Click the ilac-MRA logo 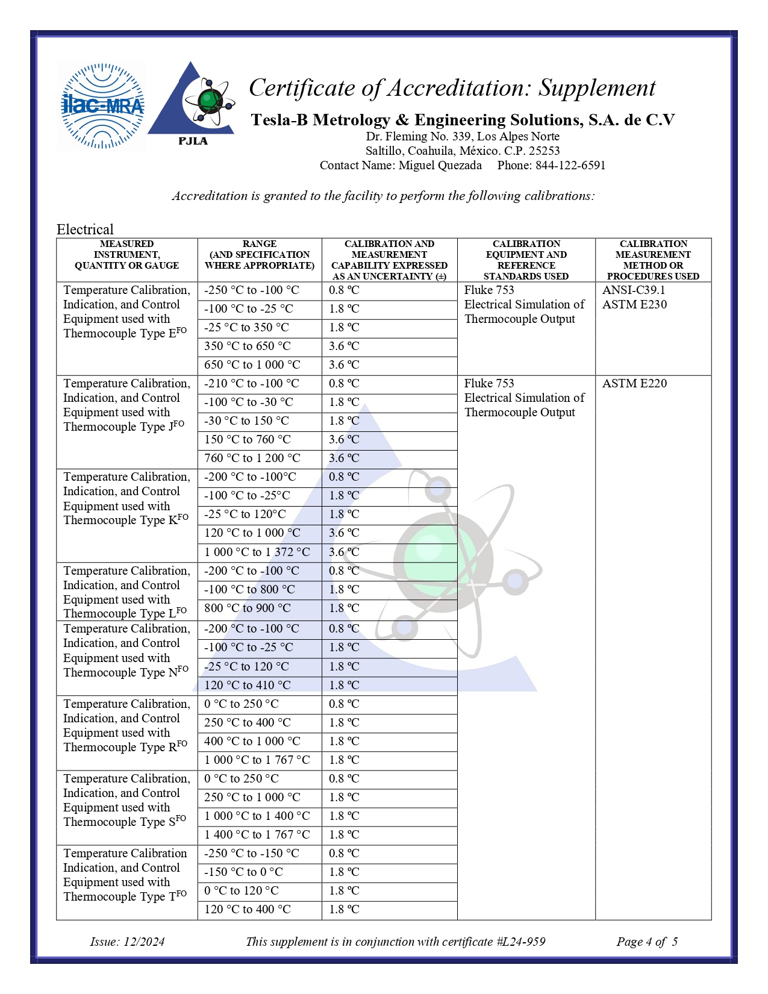point(102,106)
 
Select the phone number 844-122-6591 point(570,165)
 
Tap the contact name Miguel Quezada point(440,165)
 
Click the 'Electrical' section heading point(85,230)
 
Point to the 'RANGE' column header point(260,244)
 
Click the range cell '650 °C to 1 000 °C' point(252,365)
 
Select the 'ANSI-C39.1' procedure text point(634,290)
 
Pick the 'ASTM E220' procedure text point(634,383)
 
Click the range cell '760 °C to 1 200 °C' point(252,458)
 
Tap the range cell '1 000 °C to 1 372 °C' point(257,552)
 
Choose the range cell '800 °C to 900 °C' point(247,608)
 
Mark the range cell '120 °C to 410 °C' point(247,685)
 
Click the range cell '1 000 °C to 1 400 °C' point(257,816)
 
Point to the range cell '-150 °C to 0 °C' point(243,872)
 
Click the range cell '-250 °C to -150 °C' point(251,854)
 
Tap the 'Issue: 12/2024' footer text point(127,942)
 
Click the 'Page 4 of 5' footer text point(646,942)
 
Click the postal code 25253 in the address point(544,151)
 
